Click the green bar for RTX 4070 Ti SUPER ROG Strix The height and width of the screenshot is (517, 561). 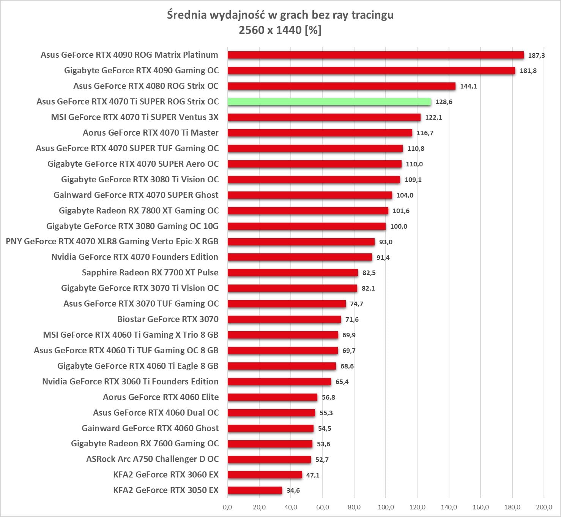point(329,102)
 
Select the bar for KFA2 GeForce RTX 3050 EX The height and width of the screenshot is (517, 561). point(255,490)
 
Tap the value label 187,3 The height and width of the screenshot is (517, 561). point(536,55)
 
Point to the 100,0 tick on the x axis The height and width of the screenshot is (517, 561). point(386,507)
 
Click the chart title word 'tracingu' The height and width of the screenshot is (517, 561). point(372,15)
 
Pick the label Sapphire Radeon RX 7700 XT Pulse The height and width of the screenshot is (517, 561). point(150,272)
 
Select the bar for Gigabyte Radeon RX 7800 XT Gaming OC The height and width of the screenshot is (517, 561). point(308,211)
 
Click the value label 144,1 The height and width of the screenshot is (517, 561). point(468,86)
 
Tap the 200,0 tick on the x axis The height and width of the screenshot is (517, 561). point(544,507)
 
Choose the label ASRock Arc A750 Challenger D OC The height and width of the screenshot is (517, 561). point(152,459)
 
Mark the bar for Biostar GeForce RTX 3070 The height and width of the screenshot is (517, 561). point(284,319)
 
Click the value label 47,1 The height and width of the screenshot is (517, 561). point(313,475)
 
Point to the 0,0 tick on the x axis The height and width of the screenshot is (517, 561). point(227,507)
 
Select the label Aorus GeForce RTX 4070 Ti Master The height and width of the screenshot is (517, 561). point(151,133)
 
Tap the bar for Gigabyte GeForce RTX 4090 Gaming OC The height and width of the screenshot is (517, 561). point(371,71)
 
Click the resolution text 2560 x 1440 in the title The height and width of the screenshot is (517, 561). point(270,30)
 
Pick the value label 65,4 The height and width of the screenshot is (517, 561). point(342,382)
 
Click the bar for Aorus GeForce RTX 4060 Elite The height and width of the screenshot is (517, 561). point(273,397)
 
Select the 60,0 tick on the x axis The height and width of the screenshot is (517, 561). point(322,507)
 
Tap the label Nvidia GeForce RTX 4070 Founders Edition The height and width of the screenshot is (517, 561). point(135,257)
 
